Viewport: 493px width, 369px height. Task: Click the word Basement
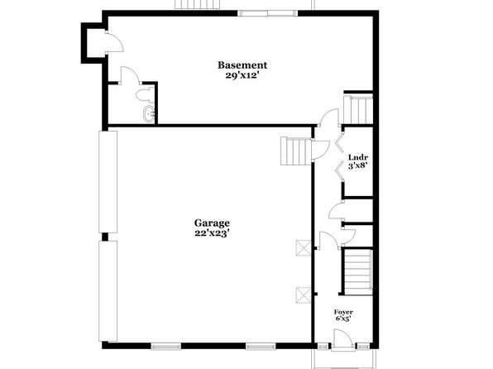(x=242, y=65)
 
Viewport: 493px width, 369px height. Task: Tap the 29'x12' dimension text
(x=242, y=76)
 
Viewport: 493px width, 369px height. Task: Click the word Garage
(x=212, y=223)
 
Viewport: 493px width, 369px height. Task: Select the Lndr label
(x=358, y=157)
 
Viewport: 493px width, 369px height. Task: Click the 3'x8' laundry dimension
(x=358, y=165)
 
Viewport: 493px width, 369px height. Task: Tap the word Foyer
(x=343, y=312)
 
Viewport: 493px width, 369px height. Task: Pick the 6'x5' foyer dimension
(x=343, y=319)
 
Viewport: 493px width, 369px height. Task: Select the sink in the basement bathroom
(x=149, y=114)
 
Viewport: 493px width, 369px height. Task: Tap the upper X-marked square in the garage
(x=304, y=248)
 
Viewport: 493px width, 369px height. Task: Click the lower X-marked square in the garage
(x=304, y=295)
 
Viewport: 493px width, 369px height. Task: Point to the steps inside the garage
(x=296, y=151)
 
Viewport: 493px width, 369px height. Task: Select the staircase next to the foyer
(x=358, y=271)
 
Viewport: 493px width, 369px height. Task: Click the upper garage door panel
(x=108, y=182)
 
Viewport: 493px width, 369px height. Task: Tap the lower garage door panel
(x=108, y=291)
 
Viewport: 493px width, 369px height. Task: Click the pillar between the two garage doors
(x=105, y=237)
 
